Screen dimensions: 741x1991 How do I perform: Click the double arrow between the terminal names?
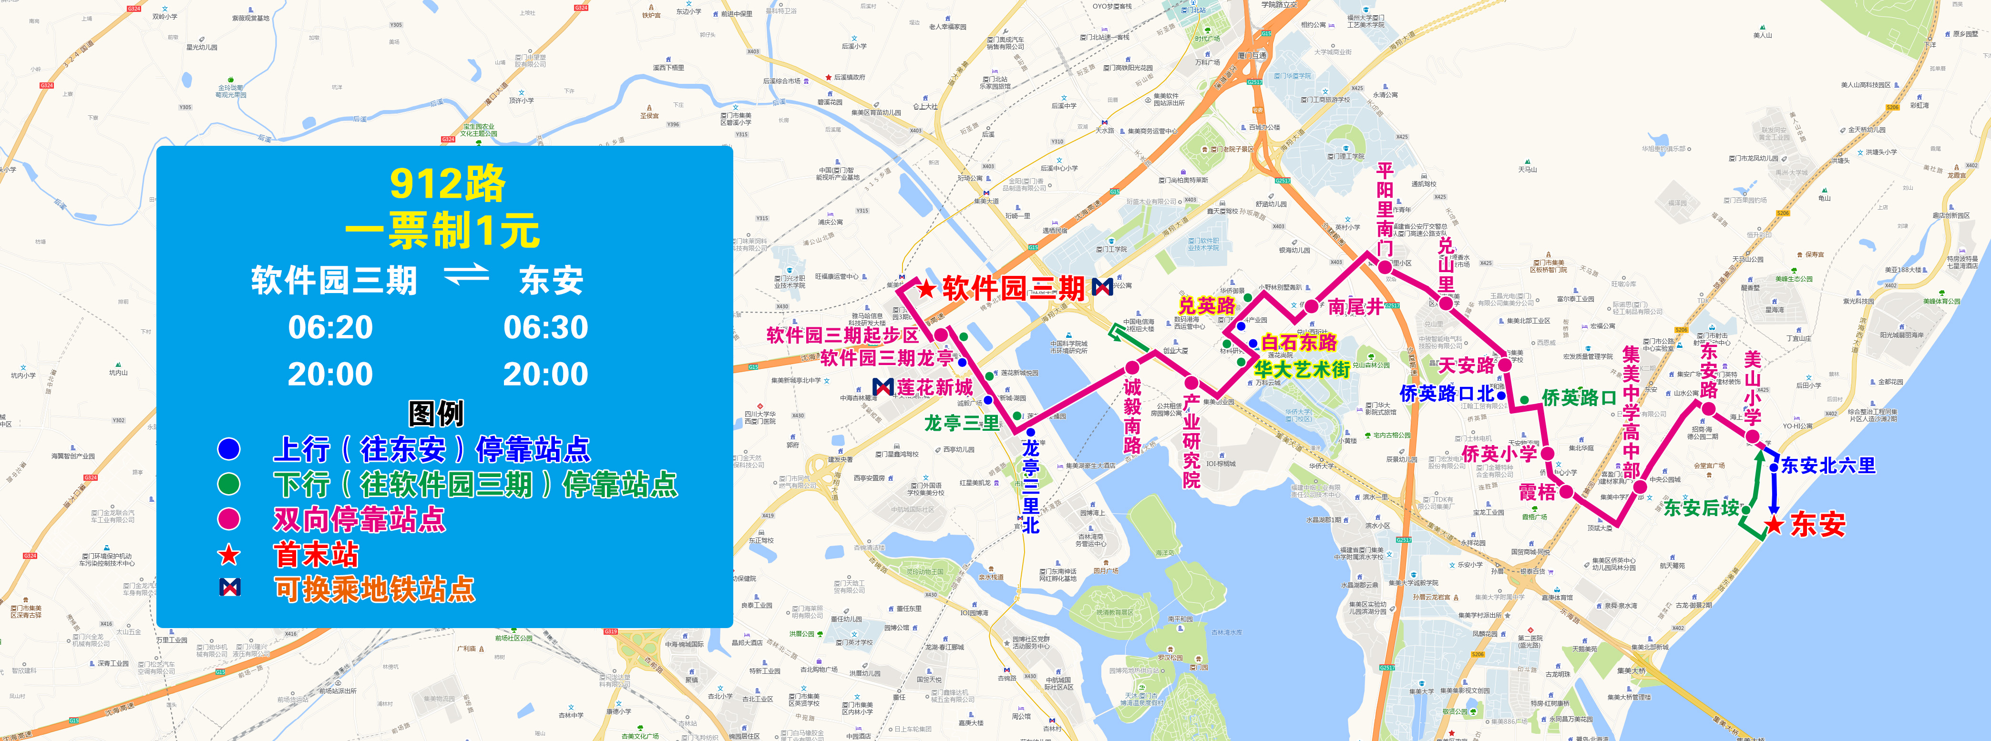pos(466,275)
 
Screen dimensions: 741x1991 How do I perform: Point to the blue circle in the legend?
pos(229,449)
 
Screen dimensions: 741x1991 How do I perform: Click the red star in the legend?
pos(229,554)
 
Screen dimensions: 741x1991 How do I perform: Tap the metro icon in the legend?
pos(229,588)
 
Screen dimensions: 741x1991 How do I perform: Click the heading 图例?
pos(436,414)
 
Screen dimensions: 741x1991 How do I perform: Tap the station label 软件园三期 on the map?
pos(1013,289)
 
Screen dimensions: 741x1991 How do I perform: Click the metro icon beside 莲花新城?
pos(883,386)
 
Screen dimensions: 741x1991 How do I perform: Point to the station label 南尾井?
pos(1355,307)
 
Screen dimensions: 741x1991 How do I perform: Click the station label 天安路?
pos(1466,365)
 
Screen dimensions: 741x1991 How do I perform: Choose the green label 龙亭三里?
pos(962,424)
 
